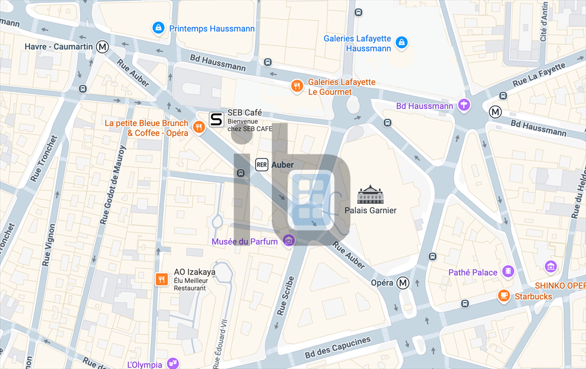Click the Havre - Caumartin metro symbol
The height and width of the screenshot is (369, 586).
102,46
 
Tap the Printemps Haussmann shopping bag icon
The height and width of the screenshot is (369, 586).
159,27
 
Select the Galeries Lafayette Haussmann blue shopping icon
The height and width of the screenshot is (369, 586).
402,42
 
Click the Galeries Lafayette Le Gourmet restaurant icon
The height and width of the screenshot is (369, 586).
296,86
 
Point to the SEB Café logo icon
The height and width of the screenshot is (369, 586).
216,119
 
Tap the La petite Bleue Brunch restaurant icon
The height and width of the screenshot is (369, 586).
199,127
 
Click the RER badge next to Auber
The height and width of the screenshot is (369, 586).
262,165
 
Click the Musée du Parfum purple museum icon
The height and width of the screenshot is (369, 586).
289,240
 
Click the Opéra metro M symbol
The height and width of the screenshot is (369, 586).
403,283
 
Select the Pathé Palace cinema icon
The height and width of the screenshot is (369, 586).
508,272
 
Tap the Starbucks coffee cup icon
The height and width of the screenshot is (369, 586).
504,296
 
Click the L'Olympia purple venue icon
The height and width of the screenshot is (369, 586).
172,363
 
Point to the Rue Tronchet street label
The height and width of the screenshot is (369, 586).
44,160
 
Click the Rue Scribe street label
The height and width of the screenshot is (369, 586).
285,296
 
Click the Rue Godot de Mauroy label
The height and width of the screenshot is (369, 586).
113,184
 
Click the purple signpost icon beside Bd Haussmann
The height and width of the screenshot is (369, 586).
465,105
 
